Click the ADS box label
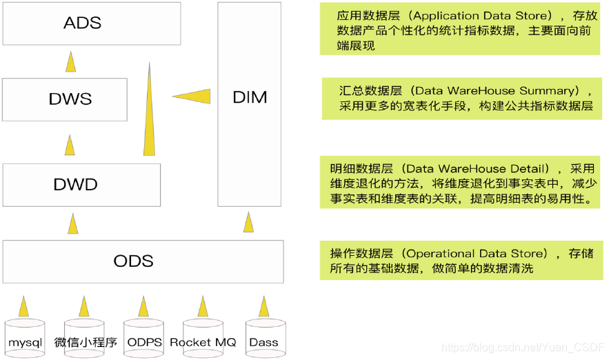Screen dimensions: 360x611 (82, 23)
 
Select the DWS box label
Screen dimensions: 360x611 (70, 99)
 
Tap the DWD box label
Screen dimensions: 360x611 (75, 185)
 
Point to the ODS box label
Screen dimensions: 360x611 (133, 261)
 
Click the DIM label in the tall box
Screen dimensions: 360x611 (250, 98)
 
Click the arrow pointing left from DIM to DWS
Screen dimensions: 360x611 (193, 95)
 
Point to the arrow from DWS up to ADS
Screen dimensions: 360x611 (70, 63)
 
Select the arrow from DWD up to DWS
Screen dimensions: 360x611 (69, 145)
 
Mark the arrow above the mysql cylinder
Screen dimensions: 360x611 (25, 306)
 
